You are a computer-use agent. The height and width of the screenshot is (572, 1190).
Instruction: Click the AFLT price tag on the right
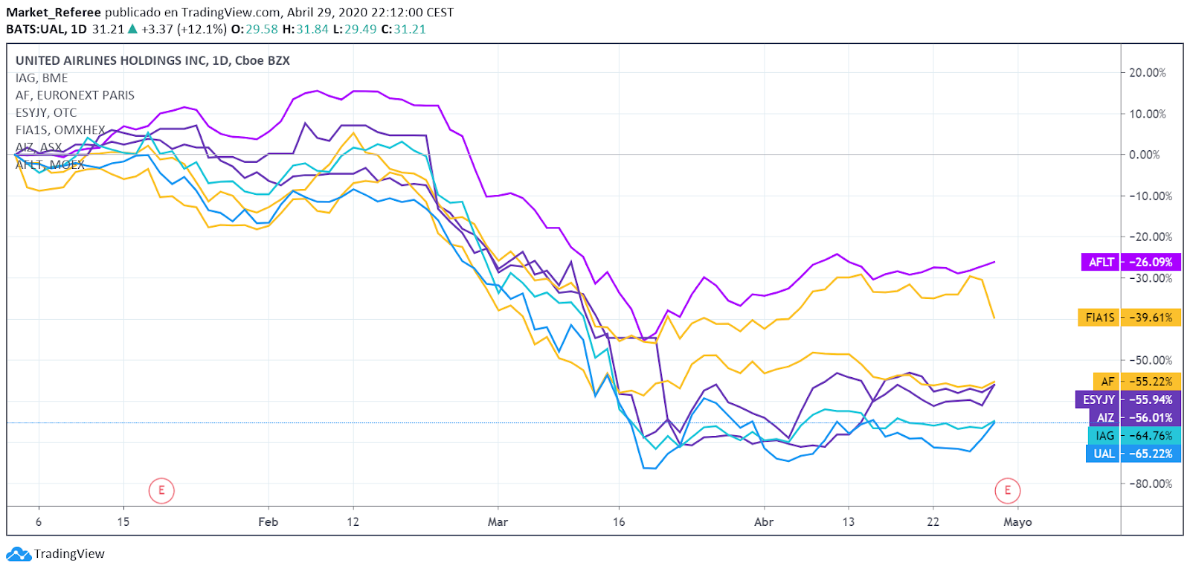(x=1130, y=262)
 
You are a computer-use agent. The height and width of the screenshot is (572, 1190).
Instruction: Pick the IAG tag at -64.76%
(x=1133, y=436)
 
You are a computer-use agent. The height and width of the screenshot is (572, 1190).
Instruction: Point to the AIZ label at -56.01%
(x=1133, y=418)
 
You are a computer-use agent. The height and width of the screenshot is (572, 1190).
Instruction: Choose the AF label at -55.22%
(x=1135, y=382)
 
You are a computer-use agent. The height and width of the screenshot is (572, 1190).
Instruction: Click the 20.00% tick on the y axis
(x=1147, y=73)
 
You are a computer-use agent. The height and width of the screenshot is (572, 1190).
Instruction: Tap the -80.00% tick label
(x=1151, y=483)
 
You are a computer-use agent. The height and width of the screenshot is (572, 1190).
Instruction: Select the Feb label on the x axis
(x=268, y=522)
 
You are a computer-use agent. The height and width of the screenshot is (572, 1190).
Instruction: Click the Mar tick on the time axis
(x=498, y=522)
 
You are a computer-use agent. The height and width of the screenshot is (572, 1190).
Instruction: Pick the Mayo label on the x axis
(x=1017, y=522)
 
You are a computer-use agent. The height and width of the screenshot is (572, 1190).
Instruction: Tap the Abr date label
(x=764, y=522)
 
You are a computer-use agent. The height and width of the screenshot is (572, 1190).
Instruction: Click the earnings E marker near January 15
(x=161, y=491)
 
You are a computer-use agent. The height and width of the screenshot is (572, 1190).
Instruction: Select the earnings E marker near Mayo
(x=1008, y=491)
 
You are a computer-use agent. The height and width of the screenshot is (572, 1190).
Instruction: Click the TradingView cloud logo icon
(x=18, y=554)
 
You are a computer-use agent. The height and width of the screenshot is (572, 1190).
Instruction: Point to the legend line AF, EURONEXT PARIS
(x=75, y=95)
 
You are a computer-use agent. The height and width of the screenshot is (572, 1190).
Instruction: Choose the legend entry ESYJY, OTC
(x=46, y=112)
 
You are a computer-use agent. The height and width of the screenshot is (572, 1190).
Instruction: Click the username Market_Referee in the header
(x=53, y=13)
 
